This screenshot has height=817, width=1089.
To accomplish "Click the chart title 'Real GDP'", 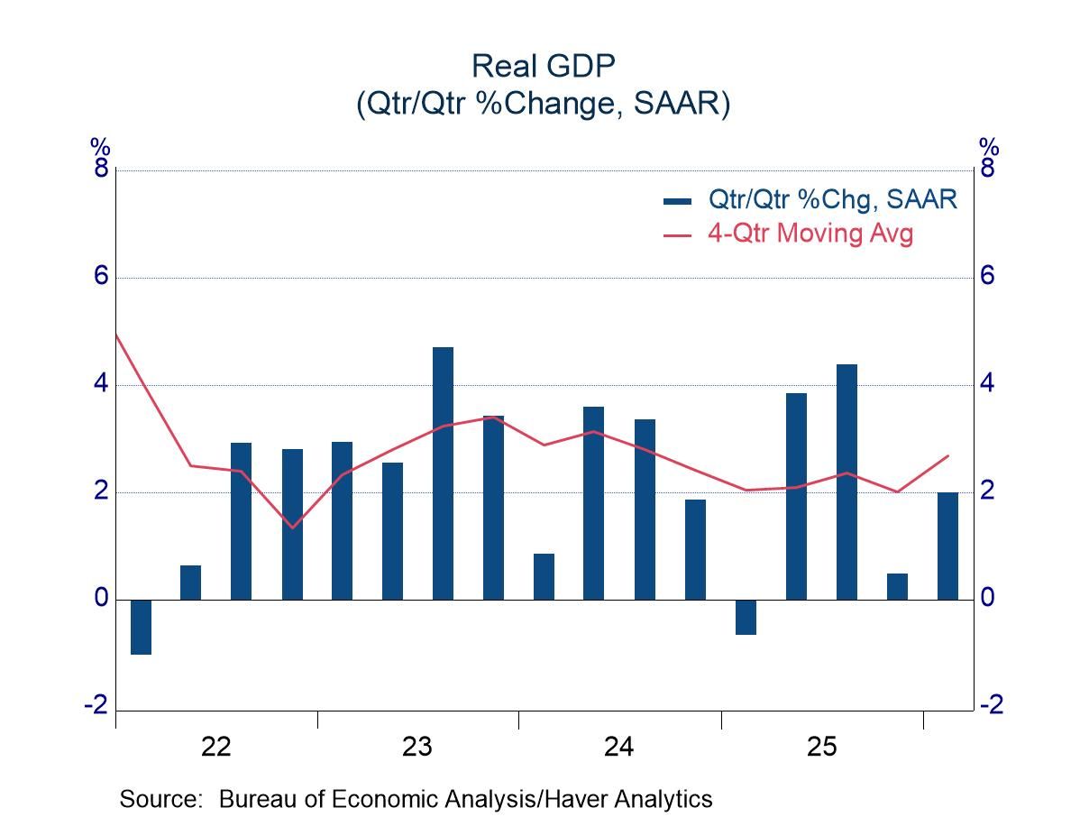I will (543, 66).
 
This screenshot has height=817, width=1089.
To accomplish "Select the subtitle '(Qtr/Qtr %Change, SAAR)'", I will (543, 104).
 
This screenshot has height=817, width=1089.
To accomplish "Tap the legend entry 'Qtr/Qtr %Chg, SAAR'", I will (832, 198).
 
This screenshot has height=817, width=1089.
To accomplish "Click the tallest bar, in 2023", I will (443, 473).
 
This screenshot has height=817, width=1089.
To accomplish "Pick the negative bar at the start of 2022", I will (141, 627).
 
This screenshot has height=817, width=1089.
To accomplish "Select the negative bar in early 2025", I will (746, 617).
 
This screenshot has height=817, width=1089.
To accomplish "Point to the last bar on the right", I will (947, 546).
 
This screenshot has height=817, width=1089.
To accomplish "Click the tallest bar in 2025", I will (846, 482).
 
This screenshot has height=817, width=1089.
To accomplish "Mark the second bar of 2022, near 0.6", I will (191, 583).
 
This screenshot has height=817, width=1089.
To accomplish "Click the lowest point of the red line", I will (292, 528).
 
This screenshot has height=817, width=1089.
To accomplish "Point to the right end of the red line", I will (948, 455).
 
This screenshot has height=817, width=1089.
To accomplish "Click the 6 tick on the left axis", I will (101, 276).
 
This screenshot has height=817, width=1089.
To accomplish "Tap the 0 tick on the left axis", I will (101, 598).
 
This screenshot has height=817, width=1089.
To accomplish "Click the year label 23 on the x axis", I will (417, 747).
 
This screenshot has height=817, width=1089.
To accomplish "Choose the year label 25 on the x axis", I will (821, 747).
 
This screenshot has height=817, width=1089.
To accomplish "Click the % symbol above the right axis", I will (989, 147).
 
